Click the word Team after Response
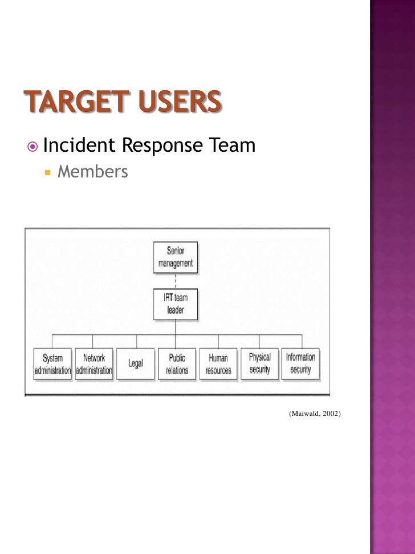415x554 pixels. pos(231,146)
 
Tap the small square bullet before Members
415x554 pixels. pos(48,172)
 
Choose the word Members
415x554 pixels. pos(93,171)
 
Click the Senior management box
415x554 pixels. pos(176,257)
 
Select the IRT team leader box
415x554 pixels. pos(176,305)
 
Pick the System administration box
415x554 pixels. pos(53,364)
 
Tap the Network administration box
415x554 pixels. pos(94,364)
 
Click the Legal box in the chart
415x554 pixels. pos(135,364)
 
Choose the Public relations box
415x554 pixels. pos(177,364)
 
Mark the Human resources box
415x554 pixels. pos(218,364)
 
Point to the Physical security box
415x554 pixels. pos(259,363)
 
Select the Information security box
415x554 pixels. pos(300,363)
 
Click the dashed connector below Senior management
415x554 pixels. pos(176,281)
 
